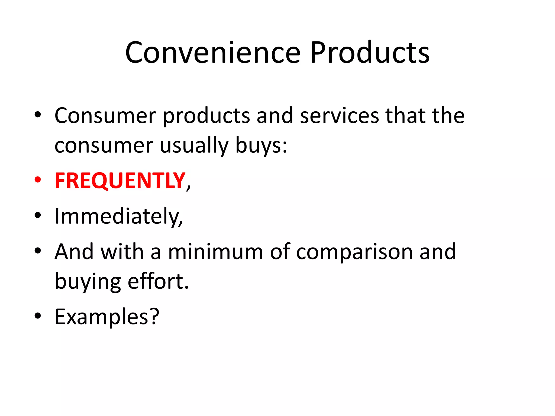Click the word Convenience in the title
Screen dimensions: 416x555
point(213,53)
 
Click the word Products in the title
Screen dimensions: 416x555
point(370,53)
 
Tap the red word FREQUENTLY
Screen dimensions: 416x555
point(120,181)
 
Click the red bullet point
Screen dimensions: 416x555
point(38,180)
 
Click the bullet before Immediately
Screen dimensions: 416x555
point(38,215)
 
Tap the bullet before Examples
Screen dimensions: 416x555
point(38,316)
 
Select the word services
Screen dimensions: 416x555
point(340,116)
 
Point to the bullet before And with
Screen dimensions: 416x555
point(38,251)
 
